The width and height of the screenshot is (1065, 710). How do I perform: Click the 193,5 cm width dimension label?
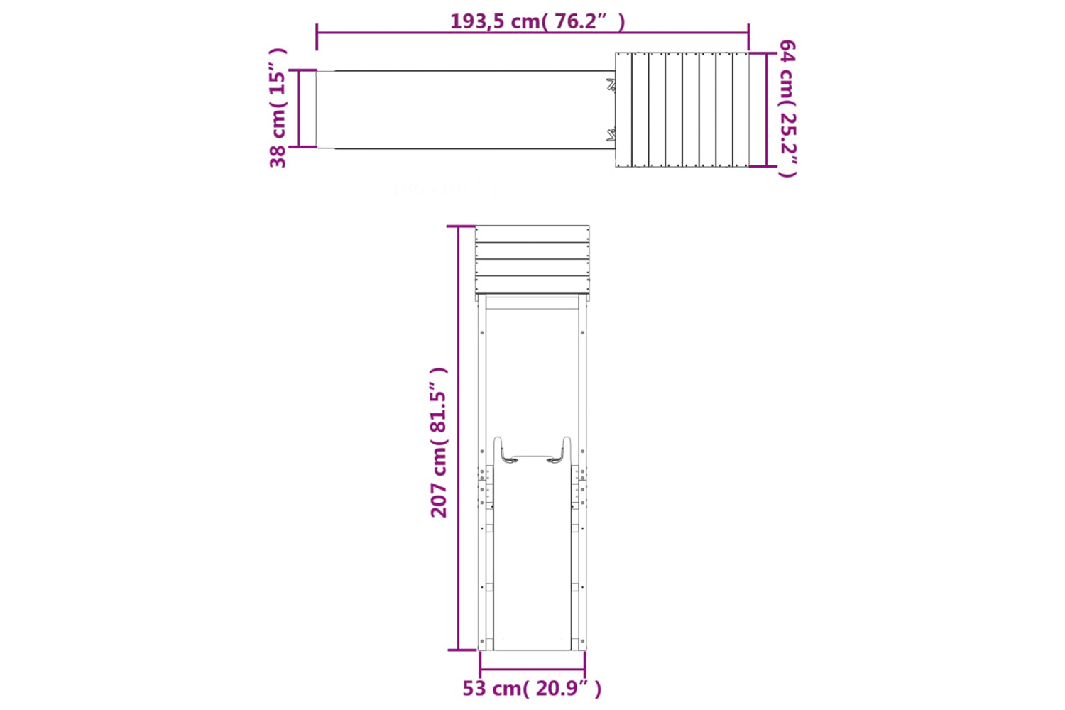point(537,21)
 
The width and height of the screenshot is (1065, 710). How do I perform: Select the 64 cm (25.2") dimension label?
point(788,109)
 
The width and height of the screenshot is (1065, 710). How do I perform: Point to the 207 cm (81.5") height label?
point(438,442)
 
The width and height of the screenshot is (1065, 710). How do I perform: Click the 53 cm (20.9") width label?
point(532,688)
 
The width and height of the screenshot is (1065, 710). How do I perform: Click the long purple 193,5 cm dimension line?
point(533,33)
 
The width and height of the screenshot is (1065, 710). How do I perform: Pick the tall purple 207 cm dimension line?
point(459,438)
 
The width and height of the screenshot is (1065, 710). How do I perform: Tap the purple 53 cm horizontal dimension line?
point(532,669)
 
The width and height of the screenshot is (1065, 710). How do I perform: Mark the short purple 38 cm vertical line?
point(299,109)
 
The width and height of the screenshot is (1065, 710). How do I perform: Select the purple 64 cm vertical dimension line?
point(766,109)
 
